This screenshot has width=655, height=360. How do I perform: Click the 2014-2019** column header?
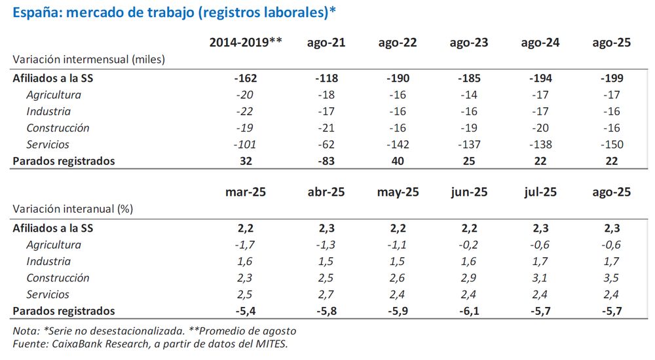245,43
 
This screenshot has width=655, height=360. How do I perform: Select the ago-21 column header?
326,43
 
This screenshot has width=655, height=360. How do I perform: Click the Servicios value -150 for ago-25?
611,144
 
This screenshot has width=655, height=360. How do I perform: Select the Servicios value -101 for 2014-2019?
245,144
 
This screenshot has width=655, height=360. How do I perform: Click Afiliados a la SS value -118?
326,78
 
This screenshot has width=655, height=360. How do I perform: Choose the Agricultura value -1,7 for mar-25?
245,245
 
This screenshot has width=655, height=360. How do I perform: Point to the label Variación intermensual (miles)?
88,59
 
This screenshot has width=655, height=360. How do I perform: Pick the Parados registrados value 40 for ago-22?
398,160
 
